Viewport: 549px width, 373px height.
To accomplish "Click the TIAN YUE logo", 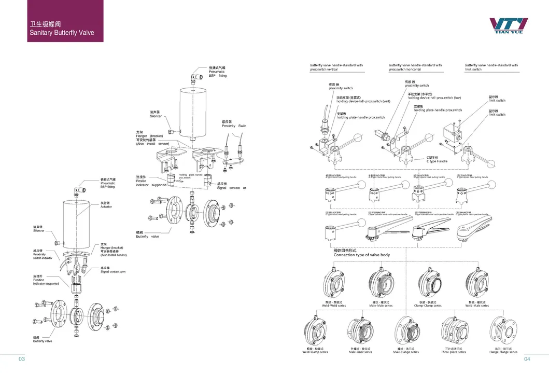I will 509,26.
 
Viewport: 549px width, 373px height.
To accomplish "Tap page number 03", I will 22,359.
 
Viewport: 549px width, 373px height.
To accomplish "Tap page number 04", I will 527,359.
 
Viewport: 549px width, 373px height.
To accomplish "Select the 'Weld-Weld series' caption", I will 334,306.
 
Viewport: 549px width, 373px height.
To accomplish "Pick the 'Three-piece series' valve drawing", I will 453,332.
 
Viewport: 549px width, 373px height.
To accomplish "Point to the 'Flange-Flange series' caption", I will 503,352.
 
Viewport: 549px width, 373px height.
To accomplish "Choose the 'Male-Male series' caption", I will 379,306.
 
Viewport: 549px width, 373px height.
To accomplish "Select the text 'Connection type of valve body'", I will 361,255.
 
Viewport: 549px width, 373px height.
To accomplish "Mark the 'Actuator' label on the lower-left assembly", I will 106,206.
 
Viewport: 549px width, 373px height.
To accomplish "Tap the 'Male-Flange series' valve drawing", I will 406,332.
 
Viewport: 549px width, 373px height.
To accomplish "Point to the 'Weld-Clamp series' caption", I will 315,352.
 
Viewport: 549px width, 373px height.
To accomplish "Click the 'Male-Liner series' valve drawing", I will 361,332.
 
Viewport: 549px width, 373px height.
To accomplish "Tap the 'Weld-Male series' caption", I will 477,306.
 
